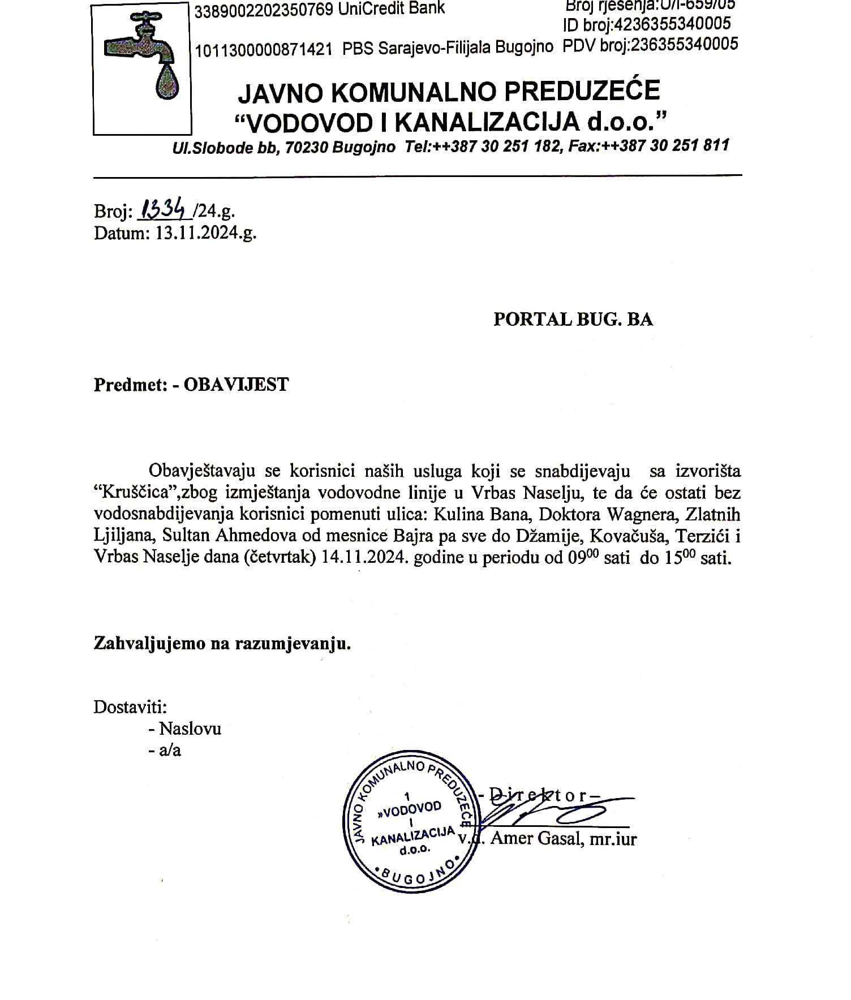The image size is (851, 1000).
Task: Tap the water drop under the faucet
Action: (166, 83)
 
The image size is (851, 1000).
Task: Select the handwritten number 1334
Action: (164, 211)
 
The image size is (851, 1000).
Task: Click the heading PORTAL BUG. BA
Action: (573, 319)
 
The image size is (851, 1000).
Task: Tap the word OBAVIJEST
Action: (236, 385)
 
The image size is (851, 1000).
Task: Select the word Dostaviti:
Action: (130, 707)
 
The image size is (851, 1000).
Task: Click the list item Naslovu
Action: (190, 729)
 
